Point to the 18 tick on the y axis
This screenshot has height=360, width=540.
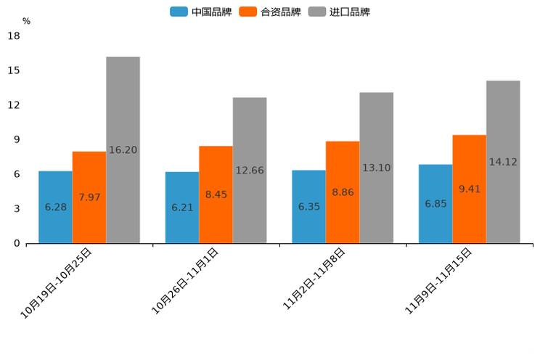pos(13,36)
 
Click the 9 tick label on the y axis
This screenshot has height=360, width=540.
pos(16,139)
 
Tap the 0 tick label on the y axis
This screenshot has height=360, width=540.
pos(16,243)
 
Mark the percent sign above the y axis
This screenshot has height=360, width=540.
pos(26,21)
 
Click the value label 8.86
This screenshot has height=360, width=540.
pos(343,192)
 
